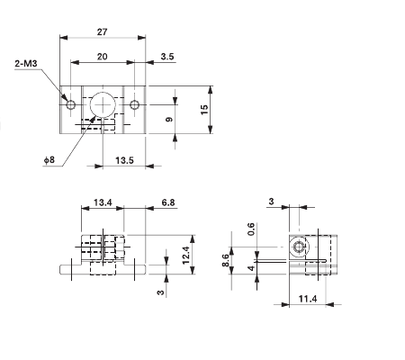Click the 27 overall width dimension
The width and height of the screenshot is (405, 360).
pyautogui.click(x=102, y=31)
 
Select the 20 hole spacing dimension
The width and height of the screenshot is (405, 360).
pyautogui.click(x=102, y=56)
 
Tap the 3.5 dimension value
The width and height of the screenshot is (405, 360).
pyautogui.click(x=168, y=56)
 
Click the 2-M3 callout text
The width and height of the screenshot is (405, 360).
pyautogui.click(x=27, y=64)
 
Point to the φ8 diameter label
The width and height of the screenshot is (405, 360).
pyautogui.click(x=48, y=160)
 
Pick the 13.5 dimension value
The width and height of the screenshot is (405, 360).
pyautogui.click(x=126, y=160)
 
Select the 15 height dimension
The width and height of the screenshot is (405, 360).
pyautogui.click(x=205, y=109)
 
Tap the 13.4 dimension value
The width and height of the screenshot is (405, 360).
pyautogui.click(x=102, y=202)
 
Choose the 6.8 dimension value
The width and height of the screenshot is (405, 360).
pyautogui.click(x=167, y=202)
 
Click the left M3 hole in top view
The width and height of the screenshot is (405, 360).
pyautogui.click(x=71, y=105)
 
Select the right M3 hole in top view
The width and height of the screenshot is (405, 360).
pyautogui.click(x=134, y=105)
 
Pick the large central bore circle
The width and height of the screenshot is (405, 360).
pyautogui.click(x=103, y=103)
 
